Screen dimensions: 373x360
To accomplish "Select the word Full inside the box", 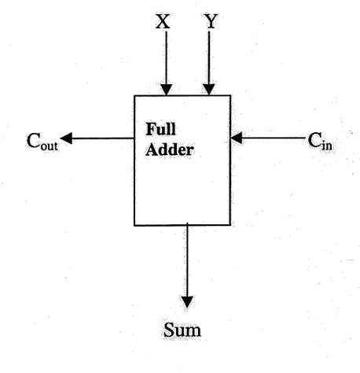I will (160, 127).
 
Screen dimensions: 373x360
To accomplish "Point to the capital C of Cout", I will (33, 141).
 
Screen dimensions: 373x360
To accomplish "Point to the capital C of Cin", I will (314, 140).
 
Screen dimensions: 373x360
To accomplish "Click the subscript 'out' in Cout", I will (50, 146).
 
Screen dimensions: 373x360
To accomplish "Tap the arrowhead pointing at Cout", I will (67, 138).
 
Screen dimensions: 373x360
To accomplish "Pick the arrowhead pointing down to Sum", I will (187, 302).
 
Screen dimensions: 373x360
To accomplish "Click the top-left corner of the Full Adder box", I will (134, 96).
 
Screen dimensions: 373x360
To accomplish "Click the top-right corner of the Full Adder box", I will (230, 96).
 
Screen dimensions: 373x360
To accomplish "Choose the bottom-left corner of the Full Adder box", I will (134, 225).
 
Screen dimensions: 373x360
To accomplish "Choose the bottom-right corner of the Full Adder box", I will (230, 225).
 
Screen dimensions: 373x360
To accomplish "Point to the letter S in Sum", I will (167, 329).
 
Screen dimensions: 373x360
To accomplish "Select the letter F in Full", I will (149, 127).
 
